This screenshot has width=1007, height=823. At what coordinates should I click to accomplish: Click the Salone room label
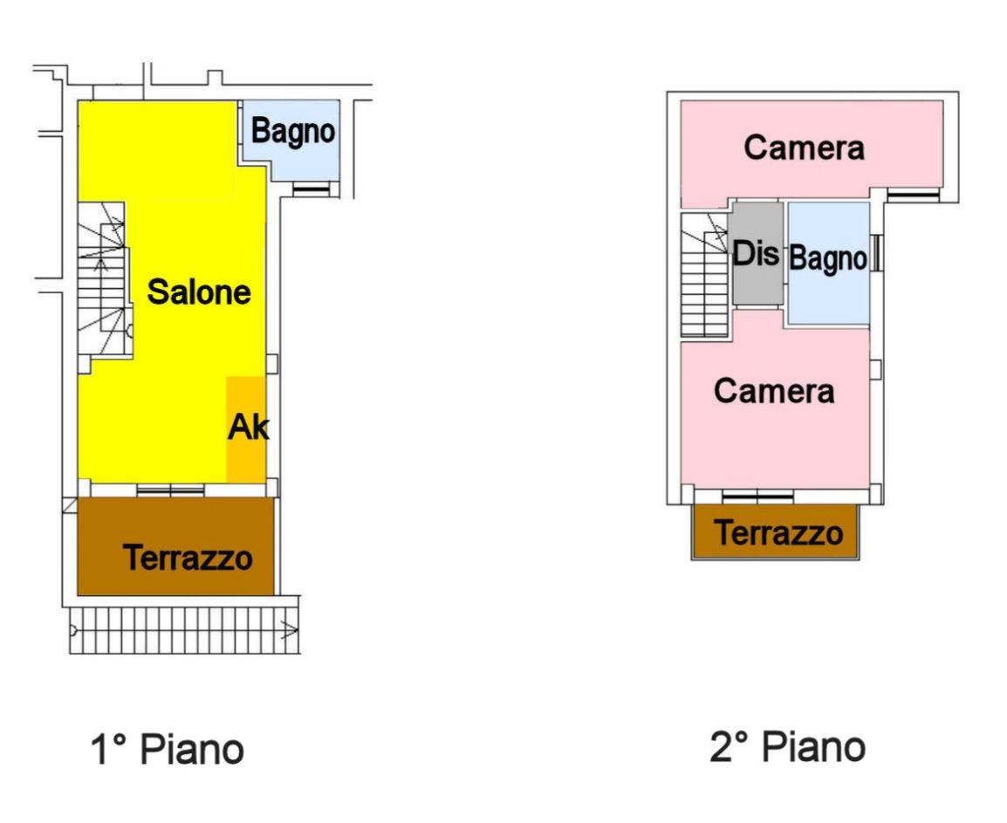coord(199,291)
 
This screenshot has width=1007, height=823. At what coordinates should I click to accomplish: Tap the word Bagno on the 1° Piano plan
coord(293,132)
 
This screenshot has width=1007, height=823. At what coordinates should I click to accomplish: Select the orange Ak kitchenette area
coord(245,429)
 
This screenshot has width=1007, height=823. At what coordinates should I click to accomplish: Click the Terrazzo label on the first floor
coord(188,557)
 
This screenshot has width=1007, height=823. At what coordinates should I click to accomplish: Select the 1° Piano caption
coord(167,749)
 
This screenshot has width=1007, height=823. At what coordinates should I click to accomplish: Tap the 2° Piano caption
coord(786,746)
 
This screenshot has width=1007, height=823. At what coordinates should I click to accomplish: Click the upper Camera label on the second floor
coord(804,148)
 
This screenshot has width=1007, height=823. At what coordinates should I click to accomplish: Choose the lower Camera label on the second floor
coord(773,391)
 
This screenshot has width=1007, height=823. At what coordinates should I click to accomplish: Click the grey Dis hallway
coord(757,254)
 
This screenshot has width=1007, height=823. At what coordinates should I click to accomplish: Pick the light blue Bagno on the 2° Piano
coord(828,259)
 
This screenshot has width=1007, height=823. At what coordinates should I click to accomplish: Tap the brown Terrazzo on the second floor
coord(778,532)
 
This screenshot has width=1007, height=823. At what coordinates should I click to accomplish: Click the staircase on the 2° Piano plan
coord(705,276)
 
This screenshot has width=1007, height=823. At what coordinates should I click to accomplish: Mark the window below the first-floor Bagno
coord(312,189)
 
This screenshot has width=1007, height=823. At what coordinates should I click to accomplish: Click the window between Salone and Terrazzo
coord(170,490)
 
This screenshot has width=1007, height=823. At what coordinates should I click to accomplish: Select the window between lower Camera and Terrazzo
coord(757,497)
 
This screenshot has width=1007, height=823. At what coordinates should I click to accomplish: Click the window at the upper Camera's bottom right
coord(913,194)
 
